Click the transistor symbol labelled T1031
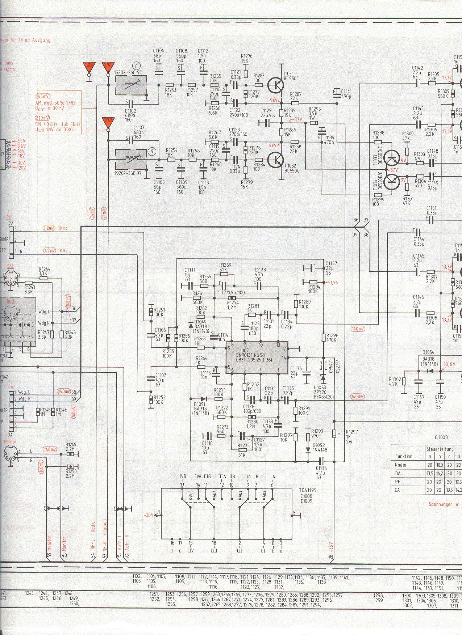coord(276,85)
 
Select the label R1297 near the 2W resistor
coord(351,432)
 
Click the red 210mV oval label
coord(43,118)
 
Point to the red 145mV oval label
coord(43,97)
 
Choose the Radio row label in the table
coord(400,465)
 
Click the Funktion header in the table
coord(403,456)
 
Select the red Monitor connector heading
coord(10,442)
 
